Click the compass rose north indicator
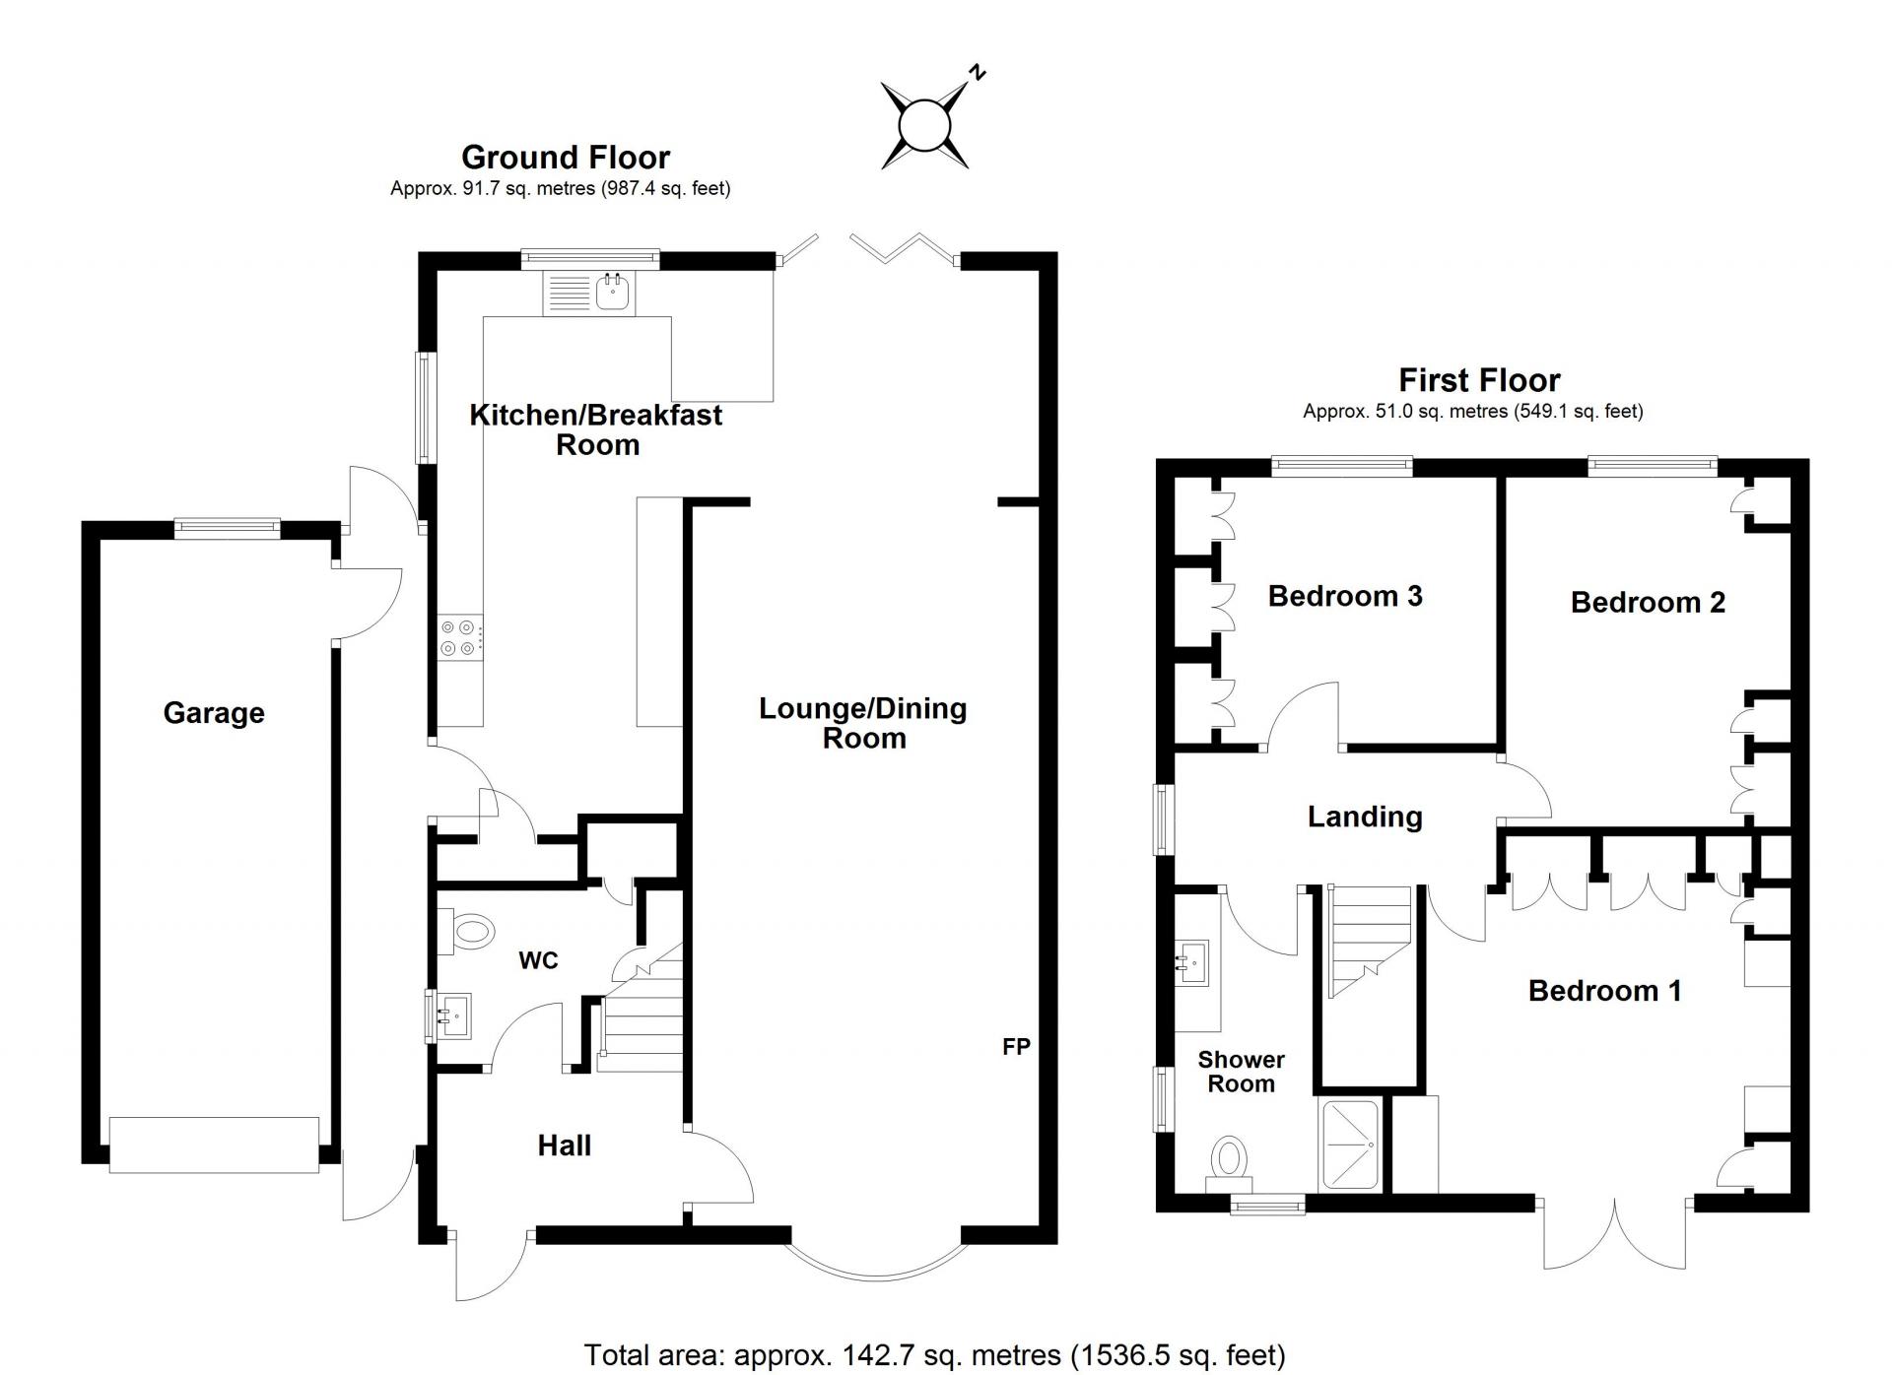click(924, 126)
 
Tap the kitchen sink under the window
click(589, 292)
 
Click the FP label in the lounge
click(1016, 1046)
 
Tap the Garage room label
click(214, 713)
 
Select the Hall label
click(565, 1145)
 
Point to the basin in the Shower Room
click(1193, 960)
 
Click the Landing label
click(1365, 817)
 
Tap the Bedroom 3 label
click(1345, 596)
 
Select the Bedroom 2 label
click(1648, 602)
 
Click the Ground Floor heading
click(566, 157)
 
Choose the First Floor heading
click(1479, 380)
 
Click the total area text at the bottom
click(934, 1355)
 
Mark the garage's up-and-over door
click(214, 1145)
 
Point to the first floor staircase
click(1370, 942)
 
